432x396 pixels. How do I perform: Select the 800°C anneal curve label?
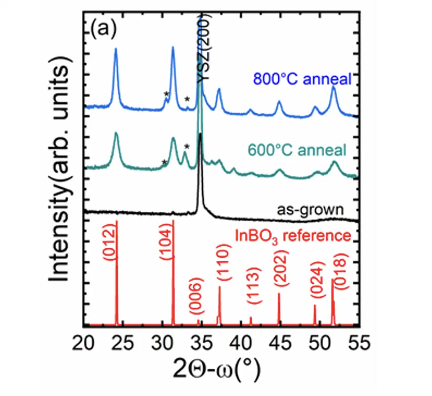pos(302,79)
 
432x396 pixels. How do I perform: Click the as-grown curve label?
pos(310,209)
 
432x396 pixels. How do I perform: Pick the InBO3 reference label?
pos(293,236)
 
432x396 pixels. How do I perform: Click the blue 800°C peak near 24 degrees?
pos(116,50)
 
